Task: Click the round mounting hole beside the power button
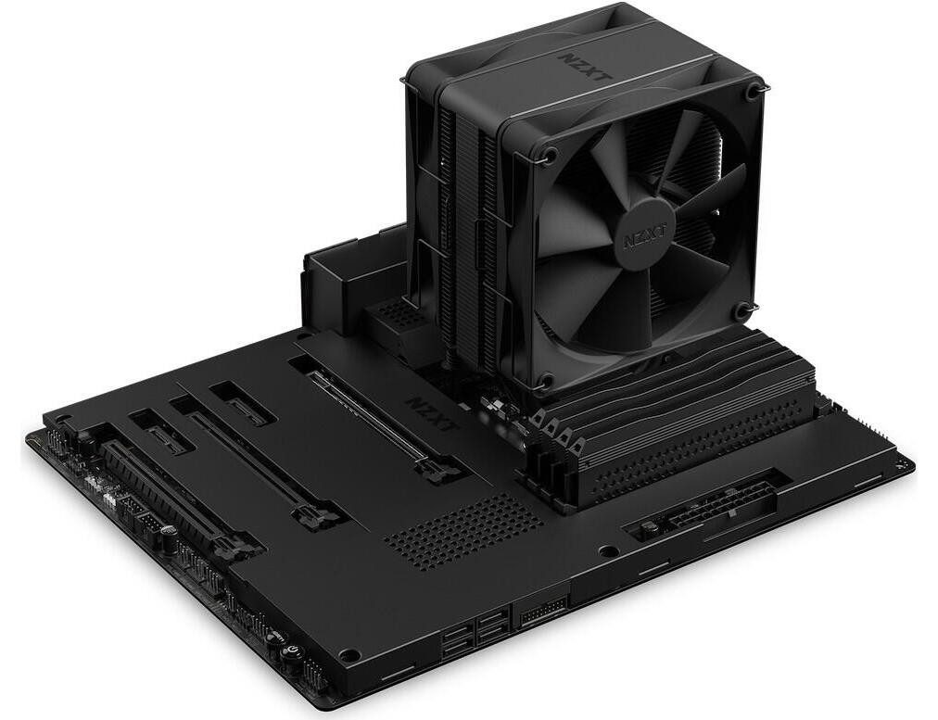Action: pyautogui.click(x=349, y=655)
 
